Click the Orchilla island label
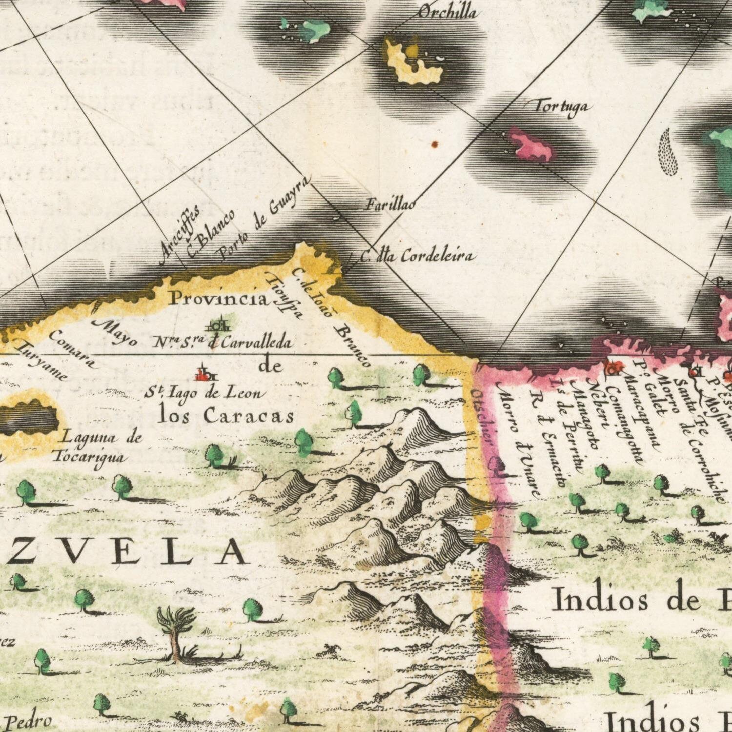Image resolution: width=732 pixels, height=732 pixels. [x=447, y=12]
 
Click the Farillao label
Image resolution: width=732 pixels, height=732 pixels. [x=390, y=205]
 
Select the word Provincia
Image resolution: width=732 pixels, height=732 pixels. [x=219, y=299]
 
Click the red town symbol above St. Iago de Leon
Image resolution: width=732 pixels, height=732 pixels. [x=205, y=374]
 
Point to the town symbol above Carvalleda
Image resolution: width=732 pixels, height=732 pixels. [x=218, y=325]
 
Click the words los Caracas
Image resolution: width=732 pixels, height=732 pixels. [x=226, y=416]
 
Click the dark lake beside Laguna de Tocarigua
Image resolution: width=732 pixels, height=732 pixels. [x=29, y=419]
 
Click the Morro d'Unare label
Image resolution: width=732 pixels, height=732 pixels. [x=519, y=439]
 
